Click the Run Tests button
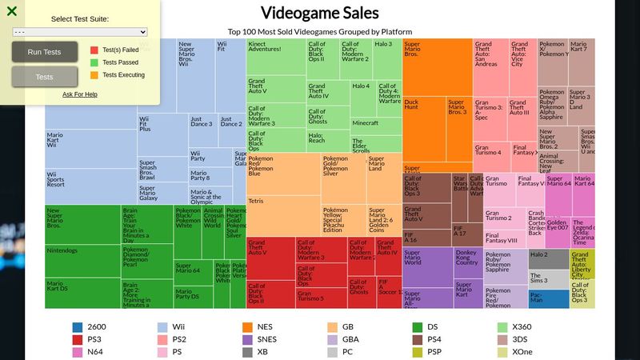click(44, 52)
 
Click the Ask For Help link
click(80, 94)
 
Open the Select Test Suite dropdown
click(80, 32)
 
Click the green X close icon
click(12, 11)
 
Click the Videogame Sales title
click(320, 14)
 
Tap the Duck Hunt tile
click(423, 128)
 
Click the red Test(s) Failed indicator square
click(94, 50)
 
